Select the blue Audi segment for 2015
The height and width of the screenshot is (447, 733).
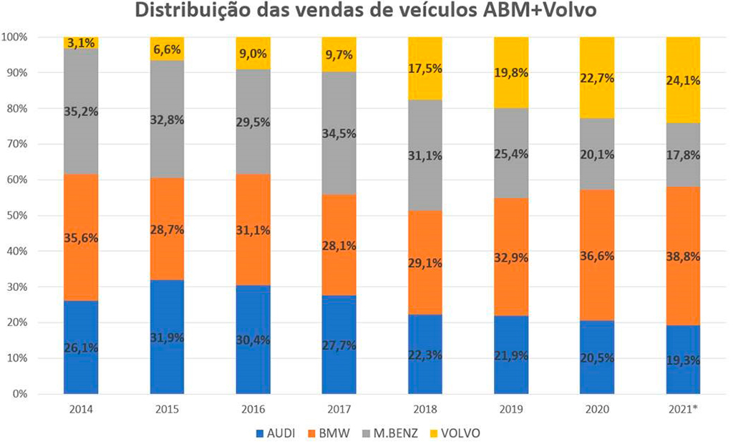click(167, 337)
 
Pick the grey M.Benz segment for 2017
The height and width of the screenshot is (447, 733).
click(339, 133)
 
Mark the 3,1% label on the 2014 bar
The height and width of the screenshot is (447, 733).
click(82, 44)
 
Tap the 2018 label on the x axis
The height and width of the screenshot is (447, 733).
click(425, 410)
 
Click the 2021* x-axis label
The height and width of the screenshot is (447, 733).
click(684, 410)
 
